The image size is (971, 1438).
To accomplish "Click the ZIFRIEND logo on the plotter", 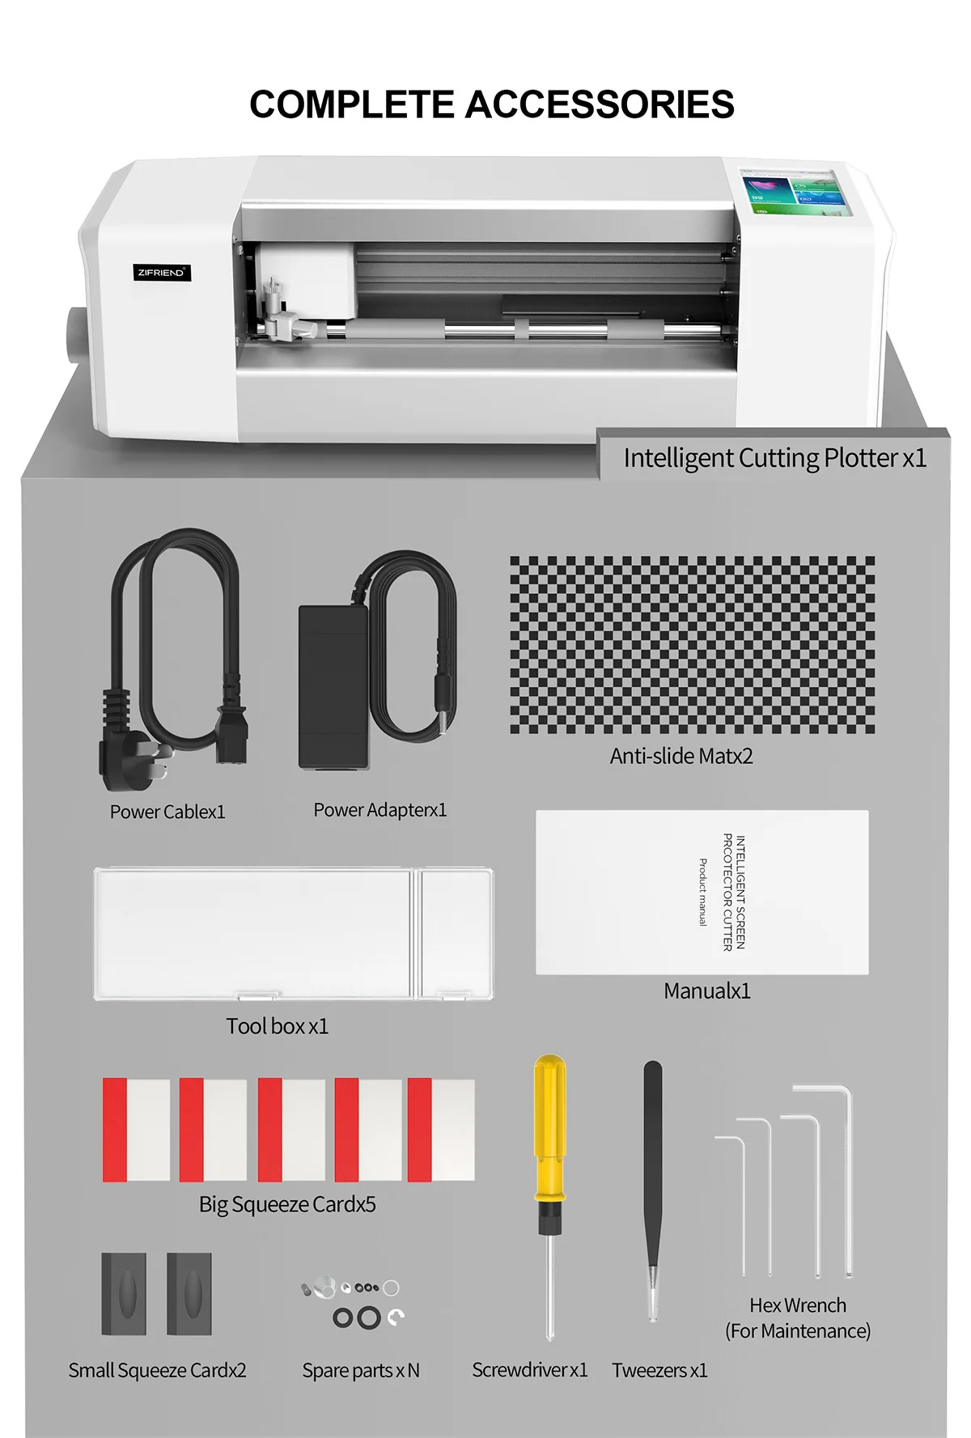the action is (162, 273).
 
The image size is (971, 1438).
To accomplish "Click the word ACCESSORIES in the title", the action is (600, 105).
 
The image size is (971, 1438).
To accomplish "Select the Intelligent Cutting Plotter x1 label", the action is (774, 458).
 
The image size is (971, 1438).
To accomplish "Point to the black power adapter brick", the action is (333, 688).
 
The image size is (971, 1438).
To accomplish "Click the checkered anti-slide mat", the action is (692, 644).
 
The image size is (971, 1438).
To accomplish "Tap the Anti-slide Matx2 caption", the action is (681, 756).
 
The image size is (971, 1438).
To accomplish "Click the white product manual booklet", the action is (702, 892).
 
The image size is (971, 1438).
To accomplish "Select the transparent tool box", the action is (293, 934).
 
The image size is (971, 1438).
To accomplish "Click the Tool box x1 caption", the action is (277, 1026).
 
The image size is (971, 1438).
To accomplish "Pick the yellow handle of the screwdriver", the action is (550, 1125).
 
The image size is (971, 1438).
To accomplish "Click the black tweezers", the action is (653, 1173).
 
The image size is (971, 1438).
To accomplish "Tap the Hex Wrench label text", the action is (798, 1305).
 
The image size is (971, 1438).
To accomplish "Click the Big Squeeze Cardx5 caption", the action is (287, 1204).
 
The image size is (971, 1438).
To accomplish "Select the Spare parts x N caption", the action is (361, 1370).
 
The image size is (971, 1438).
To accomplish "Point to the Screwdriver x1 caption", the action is (530, 1370).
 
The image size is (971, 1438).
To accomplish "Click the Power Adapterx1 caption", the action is (379, 810).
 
